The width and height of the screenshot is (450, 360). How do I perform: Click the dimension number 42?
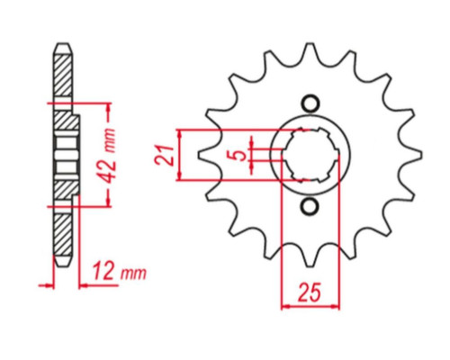(x=107, y=167)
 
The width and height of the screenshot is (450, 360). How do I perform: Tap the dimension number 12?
(x=103, y=272)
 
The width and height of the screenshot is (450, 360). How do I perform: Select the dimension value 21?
(x=165, y=156)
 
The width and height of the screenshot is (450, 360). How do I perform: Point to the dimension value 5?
(x=239, y=156)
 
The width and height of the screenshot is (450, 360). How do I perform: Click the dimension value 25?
(x=309, y=292)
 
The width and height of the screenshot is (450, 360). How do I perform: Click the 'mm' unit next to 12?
(x=133, y=274)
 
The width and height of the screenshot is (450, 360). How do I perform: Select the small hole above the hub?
(x=310, y=104)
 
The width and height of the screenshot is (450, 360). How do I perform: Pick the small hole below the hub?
(x=310, y=207)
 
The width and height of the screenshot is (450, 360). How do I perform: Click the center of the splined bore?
(x=310, y=156)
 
